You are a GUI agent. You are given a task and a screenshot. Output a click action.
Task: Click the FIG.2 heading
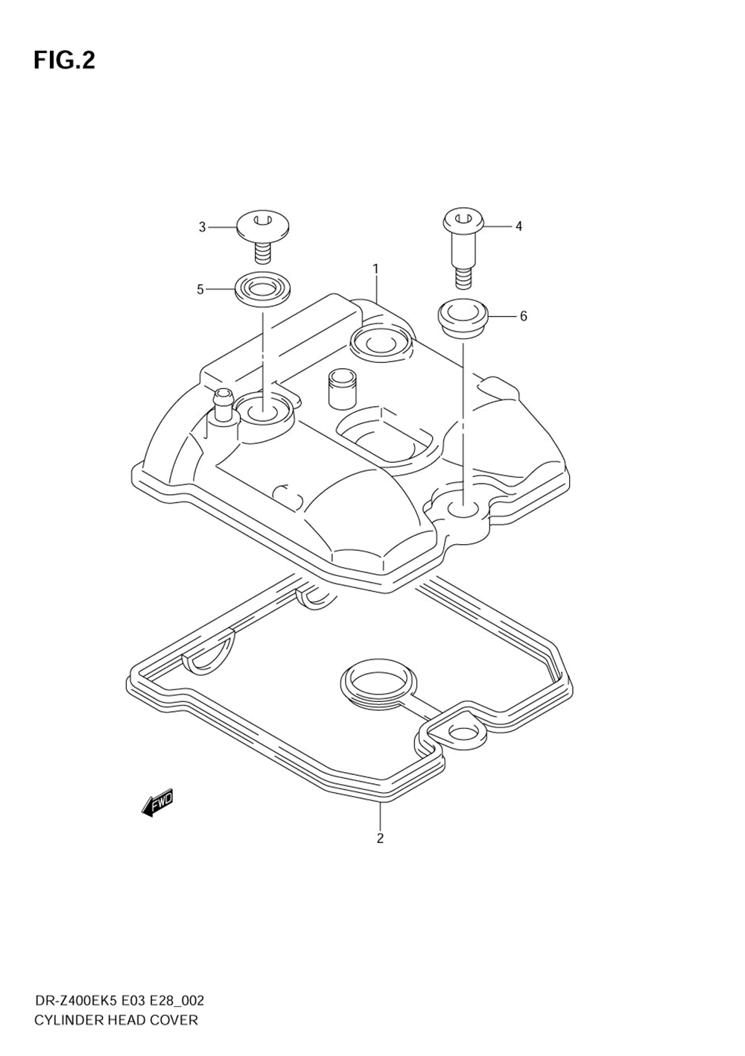(x=64, y=60)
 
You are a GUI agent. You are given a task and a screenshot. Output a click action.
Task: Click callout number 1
(x=376, y=268)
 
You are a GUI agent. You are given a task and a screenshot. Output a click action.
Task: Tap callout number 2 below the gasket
(x=380, y=838)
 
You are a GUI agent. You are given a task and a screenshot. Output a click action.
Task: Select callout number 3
(x=202, y=227)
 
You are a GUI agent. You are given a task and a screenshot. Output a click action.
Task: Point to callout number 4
(x=519, y=226)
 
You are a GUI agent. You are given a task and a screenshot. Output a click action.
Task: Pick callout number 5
(x=200, y=289)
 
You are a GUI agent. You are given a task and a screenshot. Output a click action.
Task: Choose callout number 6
(x=523, y=317)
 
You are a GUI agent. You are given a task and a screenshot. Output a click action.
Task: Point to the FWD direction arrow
(x=157, y=803)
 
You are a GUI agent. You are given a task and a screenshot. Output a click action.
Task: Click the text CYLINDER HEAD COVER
(x=116, y=1020)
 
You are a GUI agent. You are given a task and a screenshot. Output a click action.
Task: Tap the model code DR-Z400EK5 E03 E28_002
(x=119, y=1000)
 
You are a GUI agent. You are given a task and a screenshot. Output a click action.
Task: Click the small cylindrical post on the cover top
(x=338, y=388)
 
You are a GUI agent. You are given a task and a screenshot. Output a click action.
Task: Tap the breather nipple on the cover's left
(x=222, y=405)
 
